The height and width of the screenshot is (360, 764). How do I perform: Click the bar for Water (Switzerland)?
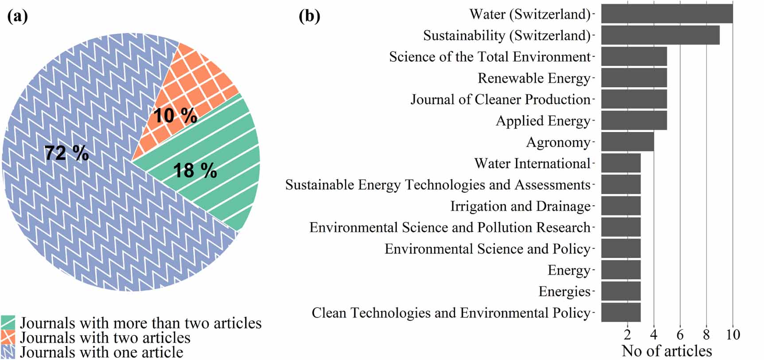[x=667, y=14]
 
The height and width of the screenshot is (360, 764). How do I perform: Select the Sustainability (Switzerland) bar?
[x=660, y=35]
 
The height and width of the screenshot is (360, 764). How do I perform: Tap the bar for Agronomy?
[x=627, y=142]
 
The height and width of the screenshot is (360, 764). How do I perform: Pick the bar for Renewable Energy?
[x=634, y=78]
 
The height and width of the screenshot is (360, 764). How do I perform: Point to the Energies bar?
[x=620, y=291]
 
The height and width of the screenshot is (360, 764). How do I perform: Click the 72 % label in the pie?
[x=66, y=153]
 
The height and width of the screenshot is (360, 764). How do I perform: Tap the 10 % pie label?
[x=175, y=116]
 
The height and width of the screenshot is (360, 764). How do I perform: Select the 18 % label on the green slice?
[x=195, y=171]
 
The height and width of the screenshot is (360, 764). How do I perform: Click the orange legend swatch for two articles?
[x=8, y=337]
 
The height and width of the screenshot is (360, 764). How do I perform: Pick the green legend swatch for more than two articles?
[x=8, y=323]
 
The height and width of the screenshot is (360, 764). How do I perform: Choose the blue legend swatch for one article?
[x=8, y=352]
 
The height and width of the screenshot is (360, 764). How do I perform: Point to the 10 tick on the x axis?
[x=733, y=335]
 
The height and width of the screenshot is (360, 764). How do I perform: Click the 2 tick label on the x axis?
[x=628, y=335]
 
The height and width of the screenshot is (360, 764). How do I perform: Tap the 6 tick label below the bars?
[x=680, y=335]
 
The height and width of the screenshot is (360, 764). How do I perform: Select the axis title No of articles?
[x=667, y=351]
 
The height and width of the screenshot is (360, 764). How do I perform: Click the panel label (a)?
[x=18, y=16]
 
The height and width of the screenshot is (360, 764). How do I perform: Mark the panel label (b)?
[x=309, y=16]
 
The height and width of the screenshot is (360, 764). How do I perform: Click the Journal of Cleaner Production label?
[x=500, y=99]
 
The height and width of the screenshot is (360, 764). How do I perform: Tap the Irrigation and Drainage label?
[x=520, y=206]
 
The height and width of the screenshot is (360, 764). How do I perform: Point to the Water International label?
[x=532, y=164]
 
